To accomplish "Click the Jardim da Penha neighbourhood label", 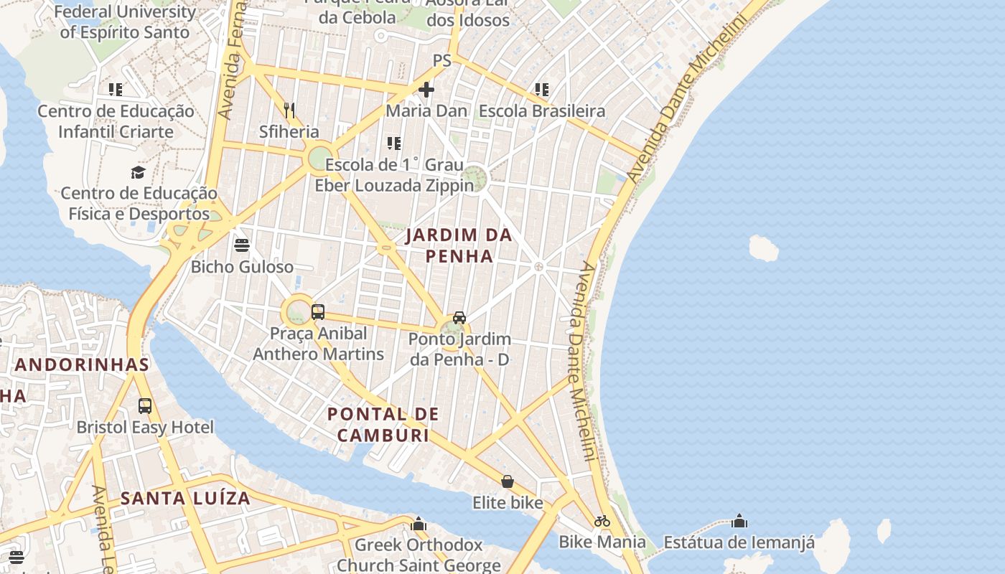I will (459, 245).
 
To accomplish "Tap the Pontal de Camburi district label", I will (383, 424).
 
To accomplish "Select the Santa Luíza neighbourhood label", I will (185, 498).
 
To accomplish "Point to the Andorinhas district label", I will (82, 364).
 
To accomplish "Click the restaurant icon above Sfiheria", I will (289, 110).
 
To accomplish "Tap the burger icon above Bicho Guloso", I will (241, 245).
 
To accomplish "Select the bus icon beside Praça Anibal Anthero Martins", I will (318, 312).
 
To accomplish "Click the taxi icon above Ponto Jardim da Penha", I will (459, 317).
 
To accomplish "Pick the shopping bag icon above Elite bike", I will (508, 481).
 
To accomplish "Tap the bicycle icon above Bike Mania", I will (602, 521).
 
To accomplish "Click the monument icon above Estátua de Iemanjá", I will (739, 521).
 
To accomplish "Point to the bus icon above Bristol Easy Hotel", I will (145, 406).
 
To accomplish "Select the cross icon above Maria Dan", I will (426, 90).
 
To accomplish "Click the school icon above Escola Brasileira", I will (542, 90).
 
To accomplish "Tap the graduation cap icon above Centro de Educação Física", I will (139, 172).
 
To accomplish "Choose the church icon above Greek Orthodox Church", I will (419, 524).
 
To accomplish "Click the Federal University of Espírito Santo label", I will (125, 22).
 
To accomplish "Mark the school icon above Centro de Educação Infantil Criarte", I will (116, 90).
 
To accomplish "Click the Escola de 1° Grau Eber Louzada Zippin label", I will (394, 175).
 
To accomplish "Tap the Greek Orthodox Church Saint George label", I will (419, 555).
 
